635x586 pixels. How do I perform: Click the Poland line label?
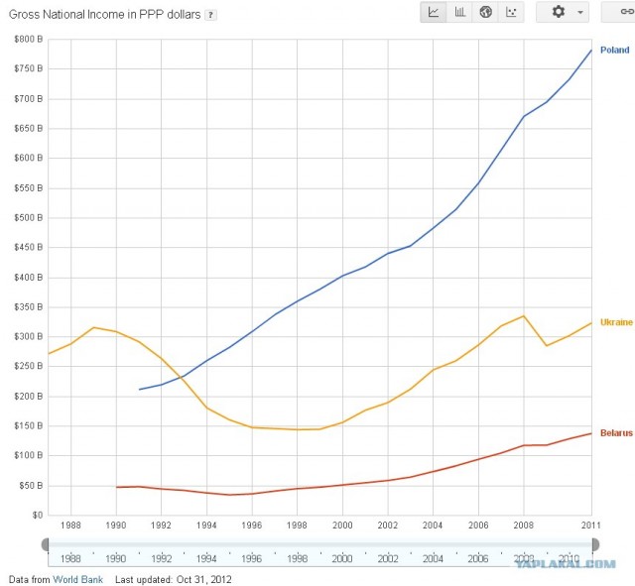(x=614, y=51)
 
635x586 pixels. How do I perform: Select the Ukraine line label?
(x=615, y=322)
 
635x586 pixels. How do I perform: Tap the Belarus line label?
(x=615, y=433)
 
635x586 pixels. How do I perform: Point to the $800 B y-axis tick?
(x=26, y=39)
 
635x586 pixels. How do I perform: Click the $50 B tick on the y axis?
(x=28, y=486)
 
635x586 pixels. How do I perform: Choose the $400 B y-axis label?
(x=26, y=277)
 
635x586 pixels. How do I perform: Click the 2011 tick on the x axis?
(x=590, y=524)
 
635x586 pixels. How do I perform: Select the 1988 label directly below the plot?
(x=70, y=524)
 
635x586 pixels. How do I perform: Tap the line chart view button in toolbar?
(x=434, y=12)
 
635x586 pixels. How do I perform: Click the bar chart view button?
(x=459, y=12)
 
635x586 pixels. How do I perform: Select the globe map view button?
(x=485, y=12)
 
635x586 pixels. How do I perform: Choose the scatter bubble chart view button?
(x=511, y=12)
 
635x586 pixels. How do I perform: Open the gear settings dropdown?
(x=563, y=12)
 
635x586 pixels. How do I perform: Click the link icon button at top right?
(x=620, y=12)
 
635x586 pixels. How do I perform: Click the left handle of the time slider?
(x=45, y=543)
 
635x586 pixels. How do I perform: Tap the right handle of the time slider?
(x=594, y=543)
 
